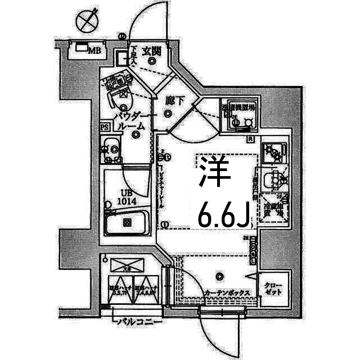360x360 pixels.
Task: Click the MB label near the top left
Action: (x=94, y=51)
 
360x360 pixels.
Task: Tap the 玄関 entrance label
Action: (x=151, y=51)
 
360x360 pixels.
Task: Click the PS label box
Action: (x=105, y=127)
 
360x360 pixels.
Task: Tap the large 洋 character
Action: (x=214, y=174)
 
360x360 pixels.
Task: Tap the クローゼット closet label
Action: (x=274, y=289)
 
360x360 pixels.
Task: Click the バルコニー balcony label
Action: (x=139, y=322)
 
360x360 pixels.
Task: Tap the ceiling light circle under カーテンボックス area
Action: (x=219, y=276)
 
